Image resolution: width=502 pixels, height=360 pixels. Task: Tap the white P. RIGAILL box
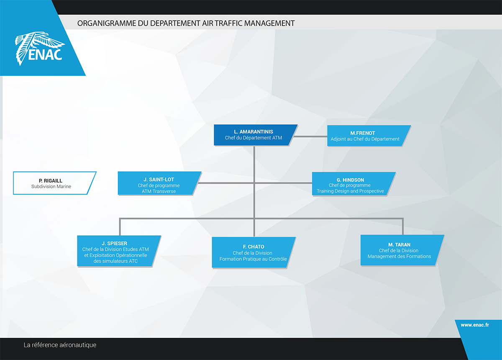click(x=54, y=183)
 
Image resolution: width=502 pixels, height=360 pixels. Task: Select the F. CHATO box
click(x=253, y=252)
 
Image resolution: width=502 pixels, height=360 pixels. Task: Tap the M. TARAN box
click(x=401, y=250)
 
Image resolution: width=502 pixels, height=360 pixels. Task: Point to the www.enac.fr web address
click(x=475, y=325)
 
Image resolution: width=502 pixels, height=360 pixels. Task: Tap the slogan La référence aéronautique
click(x=60, y=345)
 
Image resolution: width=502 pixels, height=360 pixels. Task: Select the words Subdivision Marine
click(x=51, y=186)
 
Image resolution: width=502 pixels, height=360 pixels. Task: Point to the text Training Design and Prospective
click(x=350, y=191)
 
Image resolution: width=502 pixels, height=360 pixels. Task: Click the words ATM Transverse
click(x=159, y=191)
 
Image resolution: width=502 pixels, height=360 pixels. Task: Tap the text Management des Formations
click(x=399, y=256)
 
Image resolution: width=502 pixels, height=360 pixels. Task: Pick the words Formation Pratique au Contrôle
click(x=253, y=259)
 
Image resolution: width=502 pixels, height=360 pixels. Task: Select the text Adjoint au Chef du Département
click(x=365, y=139)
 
